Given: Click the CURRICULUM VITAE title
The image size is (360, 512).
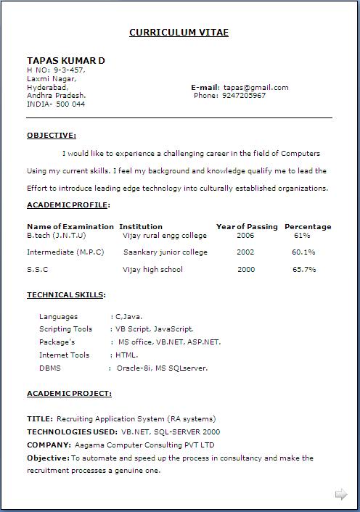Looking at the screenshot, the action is click(179, 33).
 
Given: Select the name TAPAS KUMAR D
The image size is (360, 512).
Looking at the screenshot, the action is click(65, 60).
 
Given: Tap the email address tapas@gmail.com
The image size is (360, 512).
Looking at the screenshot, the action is click(255, 87).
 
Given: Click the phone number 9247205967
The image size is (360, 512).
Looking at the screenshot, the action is click(244, 96).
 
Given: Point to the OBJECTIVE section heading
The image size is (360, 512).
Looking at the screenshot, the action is click(51, 135).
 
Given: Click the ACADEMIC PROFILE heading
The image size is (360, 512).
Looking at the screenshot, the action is click(67, 205).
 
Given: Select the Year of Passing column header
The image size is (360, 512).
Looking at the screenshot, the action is click(247, 226).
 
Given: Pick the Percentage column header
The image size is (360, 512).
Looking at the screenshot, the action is click(308, 226).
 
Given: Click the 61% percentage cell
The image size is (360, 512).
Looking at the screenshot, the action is click(302, 236).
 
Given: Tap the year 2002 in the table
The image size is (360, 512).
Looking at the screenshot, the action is click(245, 252).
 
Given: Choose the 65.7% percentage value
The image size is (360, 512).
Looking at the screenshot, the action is click(304, 270).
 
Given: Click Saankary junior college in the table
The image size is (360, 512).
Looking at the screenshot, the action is click(165, 252).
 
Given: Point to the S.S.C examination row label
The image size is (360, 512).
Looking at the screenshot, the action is click(38, 270).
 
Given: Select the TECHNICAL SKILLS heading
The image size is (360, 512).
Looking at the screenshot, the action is click(65, 295).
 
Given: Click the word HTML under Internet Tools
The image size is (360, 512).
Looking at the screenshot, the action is click(126, 355).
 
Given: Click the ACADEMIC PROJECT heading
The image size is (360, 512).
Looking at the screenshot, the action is click(69, 394).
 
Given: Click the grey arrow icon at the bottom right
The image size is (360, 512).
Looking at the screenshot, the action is click(341, 495).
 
